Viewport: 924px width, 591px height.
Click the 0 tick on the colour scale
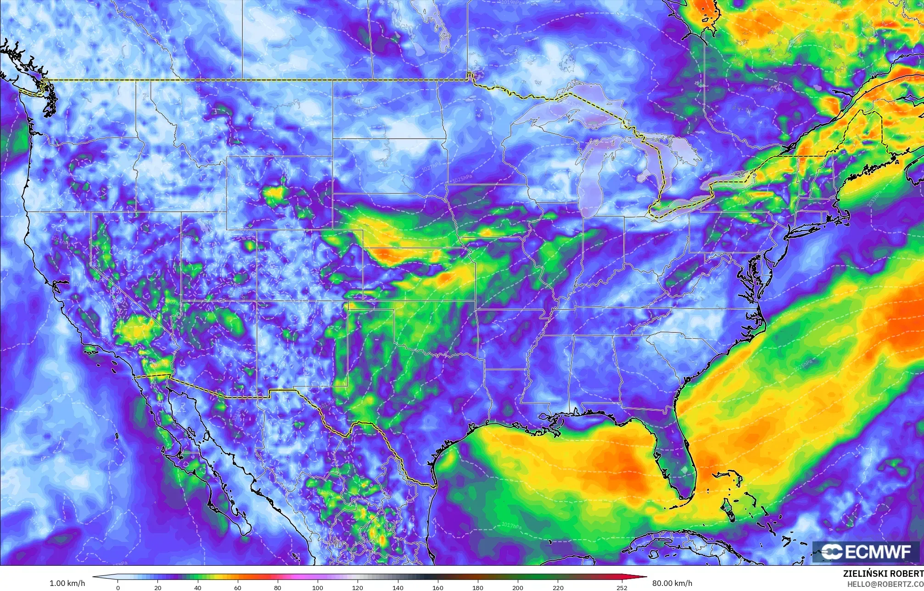pos(118,587)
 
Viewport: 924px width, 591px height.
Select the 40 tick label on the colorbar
pos(197,587)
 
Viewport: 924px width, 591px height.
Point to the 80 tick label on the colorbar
pos(278,587)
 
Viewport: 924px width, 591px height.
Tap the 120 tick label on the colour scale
pos(358,587)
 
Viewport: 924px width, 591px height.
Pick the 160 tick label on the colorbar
pos(437,587)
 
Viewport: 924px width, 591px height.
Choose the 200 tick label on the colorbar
pos(517,587)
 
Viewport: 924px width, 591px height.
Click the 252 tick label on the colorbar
pos(622,587)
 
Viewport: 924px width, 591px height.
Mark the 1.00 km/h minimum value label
pos(67,583)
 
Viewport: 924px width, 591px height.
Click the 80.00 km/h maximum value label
pos(672,583)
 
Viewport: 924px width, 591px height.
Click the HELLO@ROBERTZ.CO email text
pos(885,584)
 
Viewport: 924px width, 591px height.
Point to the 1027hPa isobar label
pos(431,166)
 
